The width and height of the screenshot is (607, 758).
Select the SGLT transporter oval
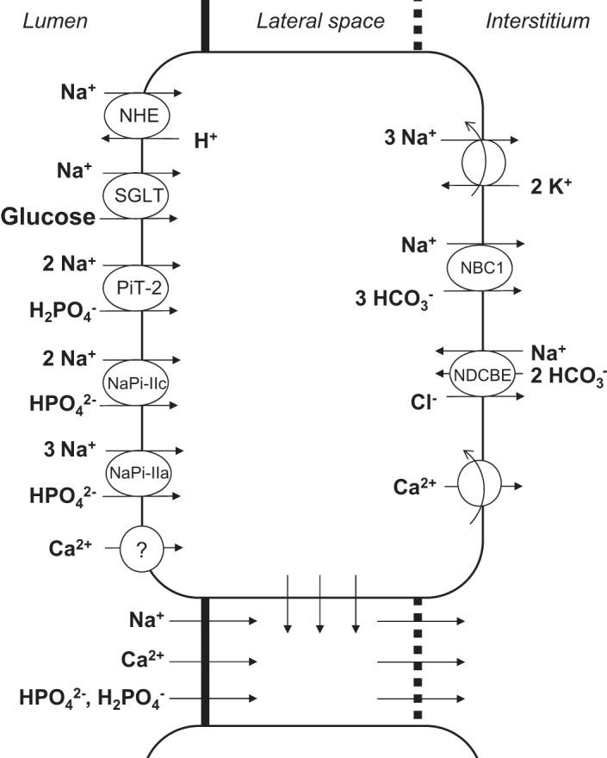point(140,197)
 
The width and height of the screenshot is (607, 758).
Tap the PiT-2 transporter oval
point(140,285)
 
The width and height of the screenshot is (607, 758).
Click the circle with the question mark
point(142,547)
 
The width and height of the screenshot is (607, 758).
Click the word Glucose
point(48,218)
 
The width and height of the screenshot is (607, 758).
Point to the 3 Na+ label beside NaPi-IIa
point(71,449)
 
